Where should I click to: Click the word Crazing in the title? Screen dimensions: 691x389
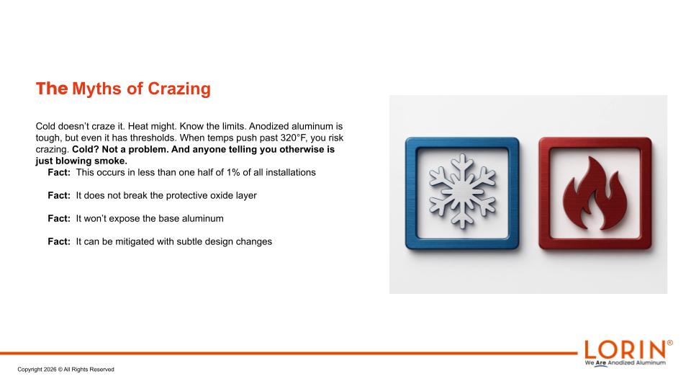[179, 89]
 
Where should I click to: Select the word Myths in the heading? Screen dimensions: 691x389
[96, 89]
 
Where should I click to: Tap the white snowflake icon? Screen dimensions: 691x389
[462, 190]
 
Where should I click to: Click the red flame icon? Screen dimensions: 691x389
[595, 193]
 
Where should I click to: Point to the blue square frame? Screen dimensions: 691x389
[411, 193]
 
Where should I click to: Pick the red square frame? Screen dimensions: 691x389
[545, 193]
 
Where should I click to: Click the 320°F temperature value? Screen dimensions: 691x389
[293, 138]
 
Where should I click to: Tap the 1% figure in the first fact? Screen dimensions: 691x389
[233, 172]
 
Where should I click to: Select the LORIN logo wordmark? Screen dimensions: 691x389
[625, 350]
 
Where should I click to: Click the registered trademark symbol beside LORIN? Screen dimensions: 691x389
[670, 343]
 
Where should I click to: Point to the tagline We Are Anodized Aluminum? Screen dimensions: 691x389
[625, 363]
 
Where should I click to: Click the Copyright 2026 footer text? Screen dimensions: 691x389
[66, 370]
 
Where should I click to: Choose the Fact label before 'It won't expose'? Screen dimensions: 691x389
[59, 218]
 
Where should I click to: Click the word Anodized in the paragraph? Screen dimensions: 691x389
[268, 126]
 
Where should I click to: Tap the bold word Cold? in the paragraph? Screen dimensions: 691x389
[86, 149]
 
